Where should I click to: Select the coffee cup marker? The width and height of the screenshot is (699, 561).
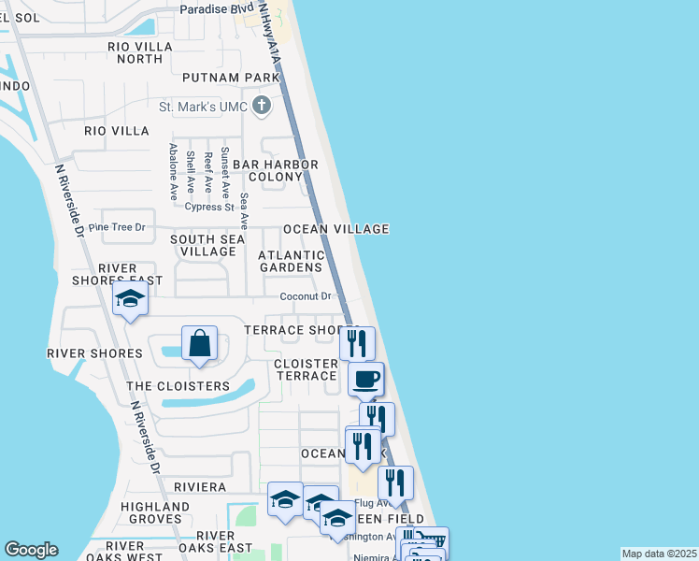click(365, 380)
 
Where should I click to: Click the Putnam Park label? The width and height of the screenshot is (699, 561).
click(232, 77)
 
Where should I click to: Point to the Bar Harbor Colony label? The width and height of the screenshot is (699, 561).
click(276, 170)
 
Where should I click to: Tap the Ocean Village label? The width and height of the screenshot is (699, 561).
click(336, 229)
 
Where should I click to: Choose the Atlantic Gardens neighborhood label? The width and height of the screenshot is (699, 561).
click(291, 261)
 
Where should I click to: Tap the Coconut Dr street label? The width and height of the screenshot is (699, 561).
click(307, 296)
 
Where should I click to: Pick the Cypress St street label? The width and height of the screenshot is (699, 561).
click(208, 207)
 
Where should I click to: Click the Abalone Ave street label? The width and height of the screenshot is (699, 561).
click(174, 171)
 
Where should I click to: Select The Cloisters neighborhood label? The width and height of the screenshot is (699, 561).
click(178, 386)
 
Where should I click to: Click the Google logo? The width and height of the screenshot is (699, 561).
click(31, 550)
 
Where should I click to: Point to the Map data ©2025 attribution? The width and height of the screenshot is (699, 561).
click(658, 554)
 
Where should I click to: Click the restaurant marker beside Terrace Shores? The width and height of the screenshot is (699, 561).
click(357, 343)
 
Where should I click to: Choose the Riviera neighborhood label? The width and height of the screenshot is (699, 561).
click(199, 487)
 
